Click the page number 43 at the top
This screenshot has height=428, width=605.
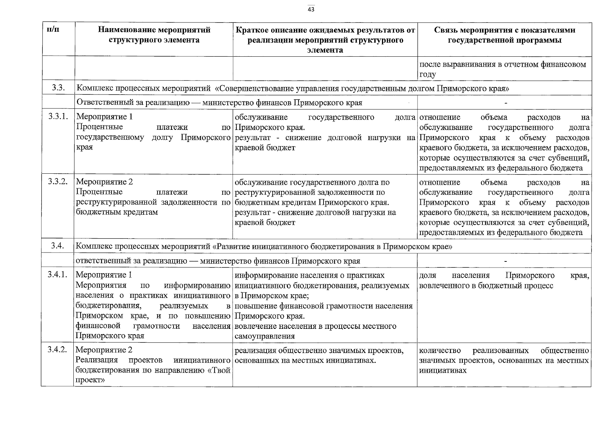pyautogui.click(x=311, y=10)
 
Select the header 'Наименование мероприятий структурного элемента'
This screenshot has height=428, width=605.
pyautogui.click(x=154, y=35)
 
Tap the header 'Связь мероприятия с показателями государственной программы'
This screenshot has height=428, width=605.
pyautogui.click(x=505, y=35)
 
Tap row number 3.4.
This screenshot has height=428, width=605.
pyautogui.click(x=57, y=246)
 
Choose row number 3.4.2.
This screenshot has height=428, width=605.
pyautogui.click(x=57, y=350)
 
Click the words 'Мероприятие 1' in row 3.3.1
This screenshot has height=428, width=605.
pyautogui.click(x=104, y=117)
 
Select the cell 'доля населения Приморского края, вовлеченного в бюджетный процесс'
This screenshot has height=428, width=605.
pyautogui.click(x=504, y=280)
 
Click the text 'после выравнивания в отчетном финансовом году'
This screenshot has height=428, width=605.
pyautogui.click(x=502, y=70)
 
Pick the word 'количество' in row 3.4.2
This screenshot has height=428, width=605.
pyautogui.click(x=440, y=351)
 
